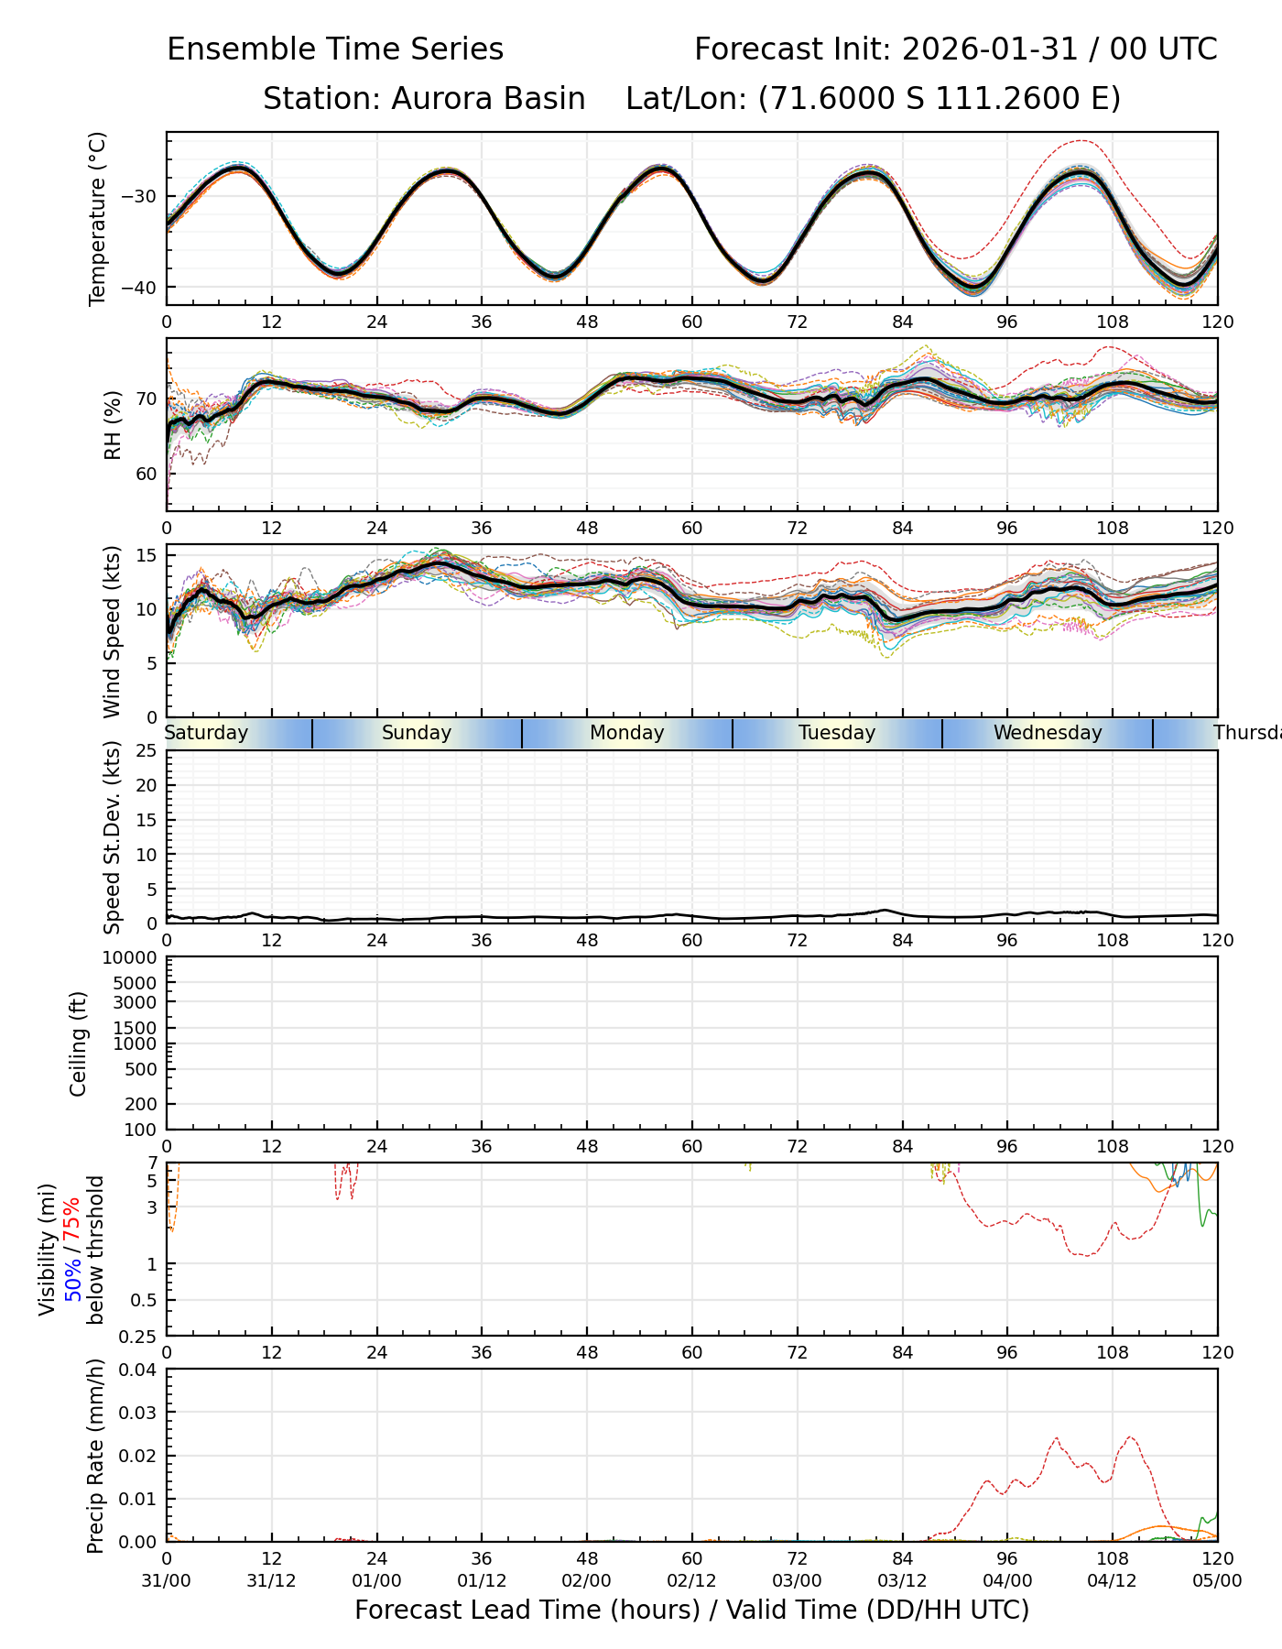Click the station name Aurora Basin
tap(488, 99)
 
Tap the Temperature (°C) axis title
tap(98, 218)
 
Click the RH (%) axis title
tap(113, 425)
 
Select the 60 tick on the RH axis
tap(147, 475)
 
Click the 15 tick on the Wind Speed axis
tap(147, 556)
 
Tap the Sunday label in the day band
tap(417, 733)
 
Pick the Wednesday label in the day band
tap(1048, 733)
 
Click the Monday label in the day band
tap(626, 733)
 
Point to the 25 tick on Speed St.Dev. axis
tap(147, 751)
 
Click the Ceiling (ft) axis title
tap(79, 1043)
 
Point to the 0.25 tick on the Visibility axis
tap(140, 1336)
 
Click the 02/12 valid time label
tap(691, 1581)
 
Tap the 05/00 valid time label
tap(1217, 1581)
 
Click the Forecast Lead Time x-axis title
tap(691, 1610)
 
